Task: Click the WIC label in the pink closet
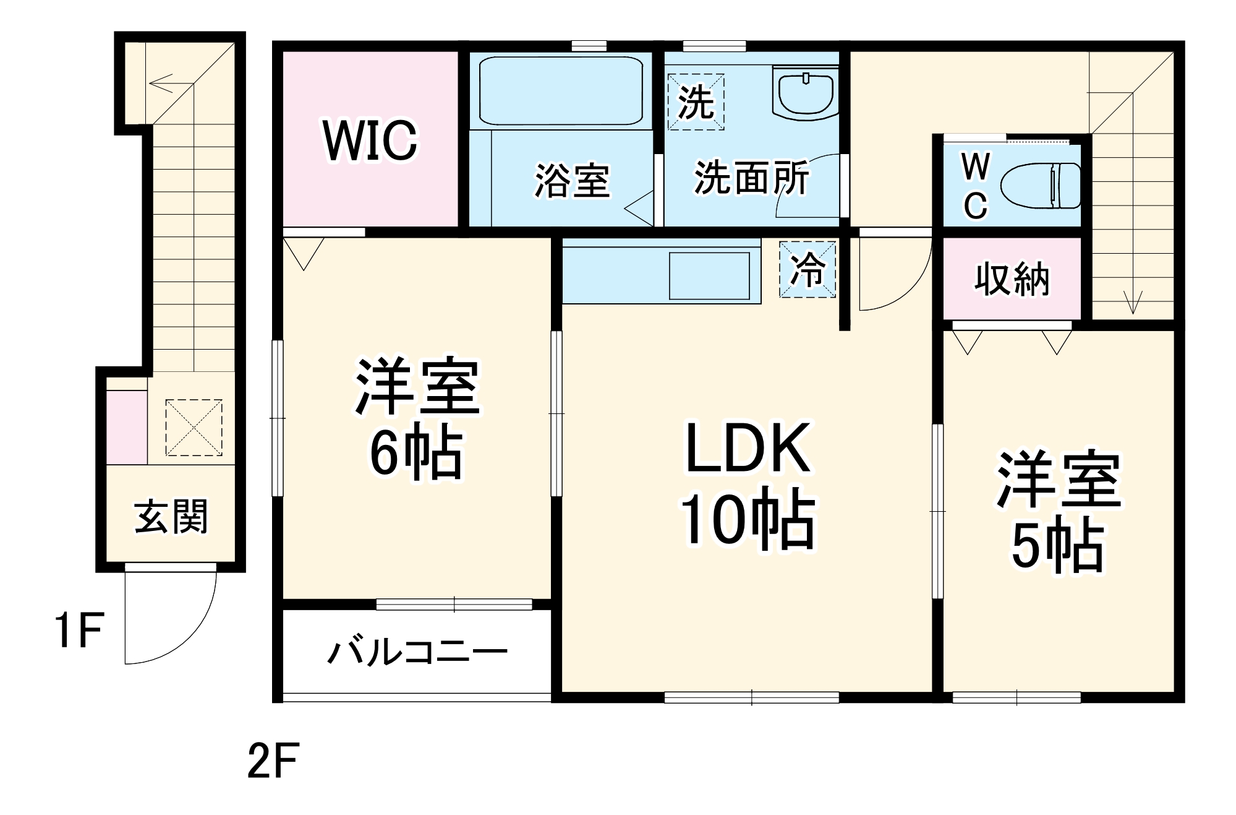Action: (370, 141)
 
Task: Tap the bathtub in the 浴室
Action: (561, 90)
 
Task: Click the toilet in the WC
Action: (1040, 186)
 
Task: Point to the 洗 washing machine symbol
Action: (696, 102)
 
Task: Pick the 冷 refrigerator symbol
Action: (808, 269)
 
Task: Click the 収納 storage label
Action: (1012, 279)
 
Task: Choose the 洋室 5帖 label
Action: (1058, 511)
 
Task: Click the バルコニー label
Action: (417, 652)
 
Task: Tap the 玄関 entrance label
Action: (171, 517)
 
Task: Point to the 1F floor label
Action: (79, 630)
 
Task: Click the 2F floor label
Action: (273, 761)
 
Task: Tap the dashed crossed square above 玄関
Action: (194, 428)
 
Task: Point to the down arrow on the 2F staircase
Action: (1133, 302)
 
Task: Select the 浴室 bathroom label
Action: (572, 181)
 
